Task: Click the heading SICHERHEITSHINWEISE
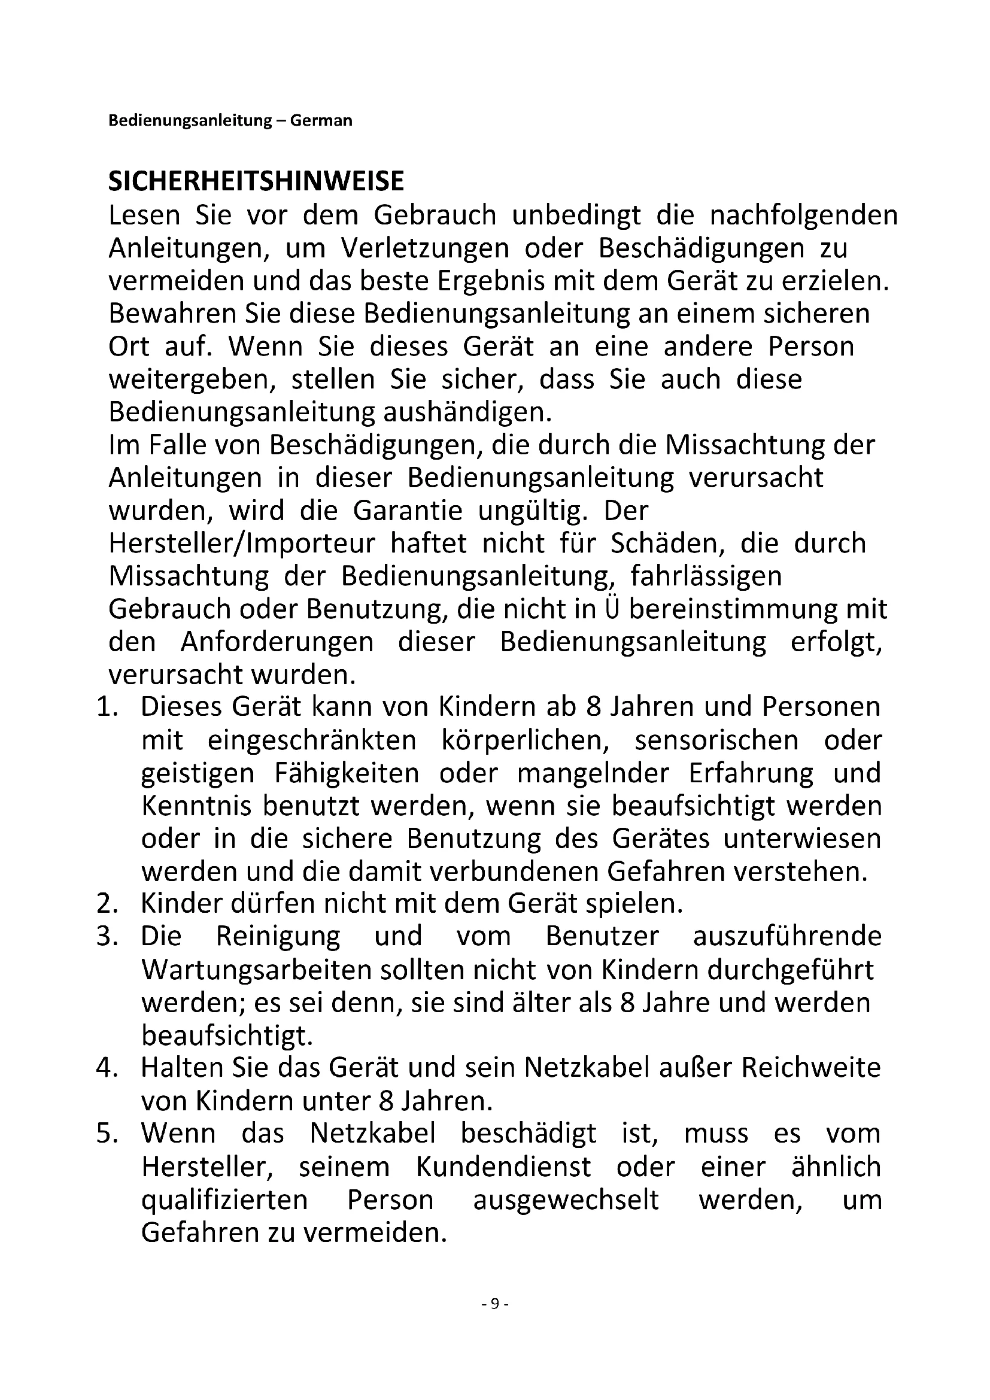[x=256, y=181]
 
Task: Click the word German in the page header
[x=321, y=121]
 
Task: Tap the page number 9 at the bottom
[x=494, y=1304]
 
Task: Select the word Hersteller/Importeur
[x=242, y=543]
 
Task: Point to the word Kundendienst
[x=503, y=1167]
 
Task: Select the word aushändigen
[x=467, y=413]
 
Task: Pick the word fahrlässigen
[x=706, y=576]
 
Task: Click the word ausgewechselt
[x=566, y=1200]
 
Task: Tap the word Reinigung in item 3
[x=278, y=937]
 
